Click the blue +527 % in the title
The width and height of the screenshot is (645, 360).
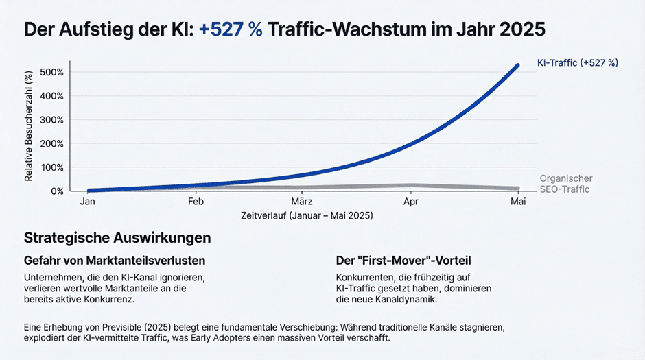pos(231,29)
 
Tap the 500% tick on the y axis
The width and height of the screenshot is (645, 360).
pos(52,72)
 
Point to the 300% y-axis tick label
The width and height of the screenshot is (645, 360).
pos(52,120)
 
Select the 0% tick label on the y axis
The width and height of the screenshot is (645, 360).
pos(57,191)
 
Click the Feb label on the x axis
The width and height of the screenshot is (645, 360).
pos(196,202)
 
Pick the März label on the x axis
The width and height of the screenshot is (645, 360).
pos(302,202)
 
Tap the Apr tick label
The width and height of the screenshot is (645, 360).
pos(411,202)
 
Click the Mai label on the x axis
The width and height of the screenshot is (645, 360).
pos(518,202)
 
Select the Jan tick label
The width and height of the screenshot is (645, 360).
pos(88,202)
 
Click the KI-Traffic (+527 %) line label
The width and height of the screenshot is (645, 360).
pos(578,63)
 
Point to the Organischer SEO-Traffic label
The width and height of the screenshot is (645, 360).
pos(566,184)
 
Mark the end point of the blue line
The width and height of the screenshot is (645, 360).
pos(517,65)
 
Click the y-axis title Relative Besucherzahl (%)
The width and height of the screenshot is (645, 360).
pos(28,126)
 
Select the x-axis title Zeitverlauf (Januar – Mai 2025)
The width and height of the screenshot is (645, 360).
pos(307,215)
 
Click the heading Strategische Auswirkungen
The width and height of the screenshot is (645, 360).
pos(117,237)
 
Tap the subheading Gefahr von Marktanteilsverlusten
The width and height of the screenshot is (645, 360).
pos(115,260)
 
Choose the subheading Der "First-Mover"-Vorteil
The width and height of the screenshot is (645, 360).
pos(403,260)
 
